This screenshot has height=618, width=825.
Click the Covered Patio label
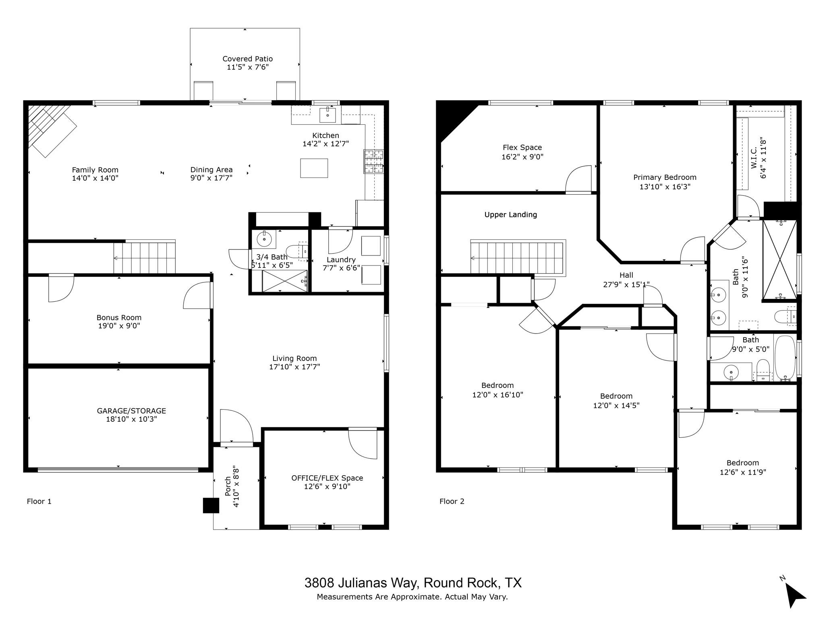tap(247, 59)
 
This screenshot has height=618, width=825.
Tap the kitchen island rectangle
tap(314, 168)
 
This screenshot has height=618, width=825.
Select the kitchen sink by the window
tap(328, 115)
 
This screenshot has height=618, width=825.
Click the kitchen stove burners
tap(374, 161)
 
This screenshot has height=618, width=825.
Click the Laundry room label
tap(341, 260)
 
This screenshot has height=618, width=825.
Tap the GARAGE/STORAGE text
tap(131, 411)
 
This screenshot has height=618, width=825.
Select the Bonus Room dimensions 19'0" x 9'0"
tap(119, 326)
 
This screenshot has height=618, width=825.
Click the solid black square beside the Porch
tap(211, 506)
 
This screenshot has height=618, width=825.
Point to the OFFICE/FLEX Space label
tap(327, 478)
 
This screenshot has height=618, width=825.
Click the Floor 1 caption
tap(39, 501)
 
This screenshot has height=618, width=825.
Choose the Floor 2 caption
tap(452, 501)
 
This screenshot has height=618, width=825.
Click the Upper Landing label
tap(511, 215)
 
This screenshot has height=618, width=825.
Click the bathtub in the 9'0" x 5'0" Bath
tap(785, 358)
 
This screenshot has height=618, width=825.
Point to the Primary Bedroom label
tap(665, 177)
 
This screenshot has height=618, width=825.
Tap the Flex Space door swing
tap(578, 179)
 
